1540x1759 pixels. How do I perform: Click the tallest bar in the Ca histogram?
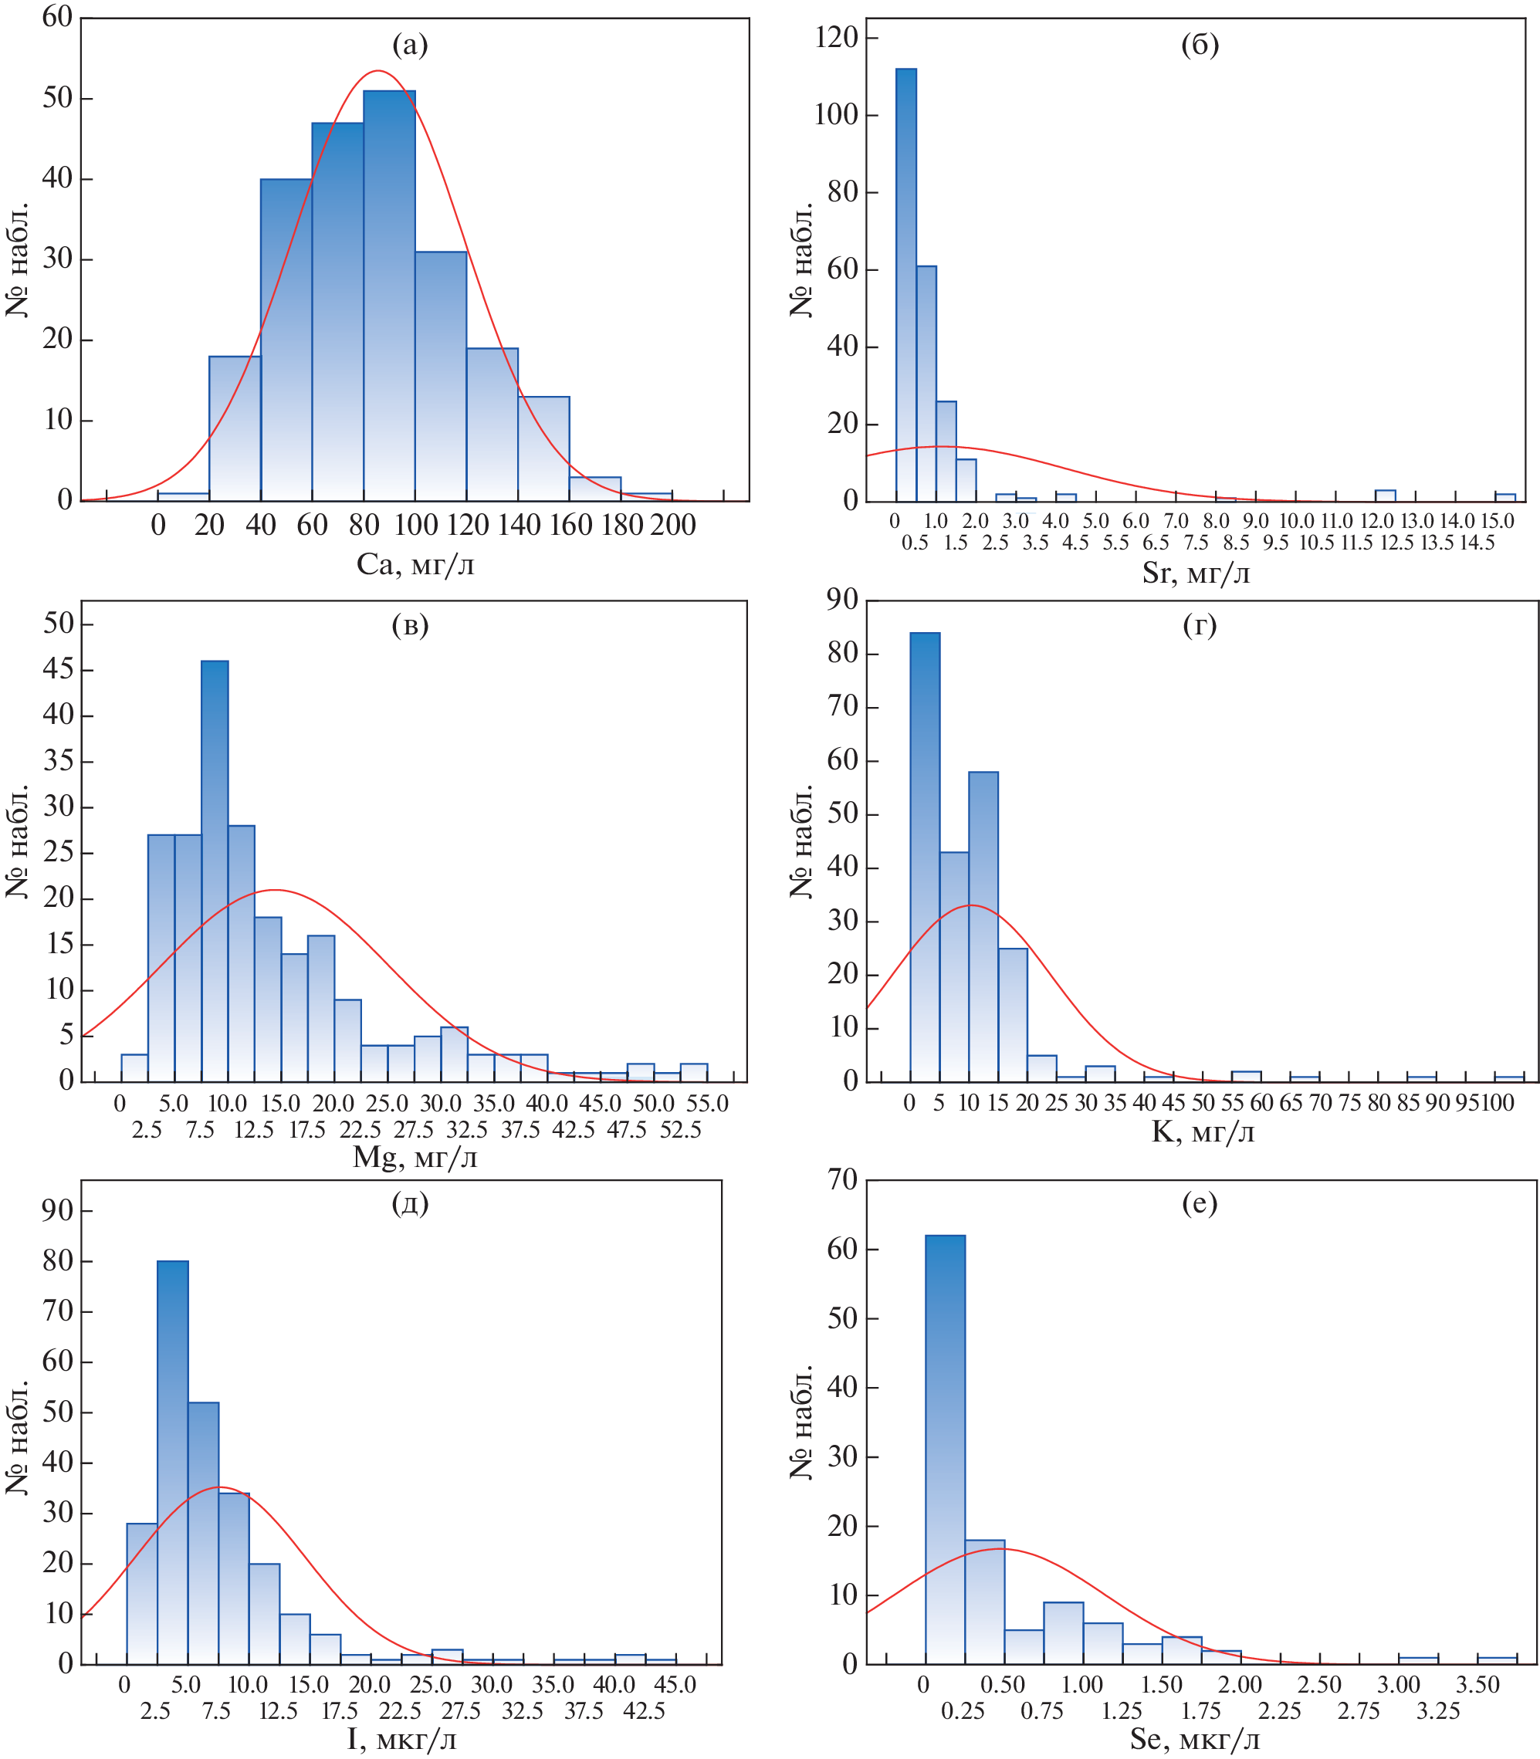click(x=389, y=293)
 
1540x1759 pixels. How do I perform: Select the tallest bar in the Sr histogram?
click(x=905, y=283)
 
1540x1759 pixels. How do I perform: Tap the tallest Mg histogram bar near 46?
click(x=215, y=868)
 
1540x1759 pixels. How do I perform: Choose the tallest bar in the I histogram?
click(x=173, y=1461)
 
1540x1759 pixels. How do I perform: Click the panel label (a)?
click(x=410, y=45)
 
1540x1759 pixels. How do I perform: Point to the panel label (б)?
click(x=1200, y=45)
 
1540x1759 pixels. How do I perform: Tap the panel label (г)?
click(x=1200, y=626)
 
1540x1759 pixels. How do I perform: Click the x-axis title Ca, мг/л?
click(x=415, y=564)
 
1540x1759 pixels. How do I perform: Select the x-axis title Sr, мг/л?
click(x=1196, y=573)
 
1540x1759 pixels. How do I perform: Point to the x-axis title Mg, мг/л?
click(x=415, y=1158)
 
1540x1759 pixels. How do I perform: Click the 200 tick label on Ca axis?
click(x=673, y=525)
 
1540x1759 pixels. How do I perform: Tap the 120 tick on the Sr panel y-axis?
click(x=836, y=37)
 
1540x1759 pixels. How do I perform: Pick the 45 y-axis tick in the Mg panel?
click(x=59, y=669)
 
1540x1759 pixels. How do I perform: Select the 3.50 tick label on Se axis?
click(x=1477, y=1683)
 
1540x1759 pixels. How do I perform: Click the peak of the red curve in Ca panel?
click(x=378, y=71)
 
